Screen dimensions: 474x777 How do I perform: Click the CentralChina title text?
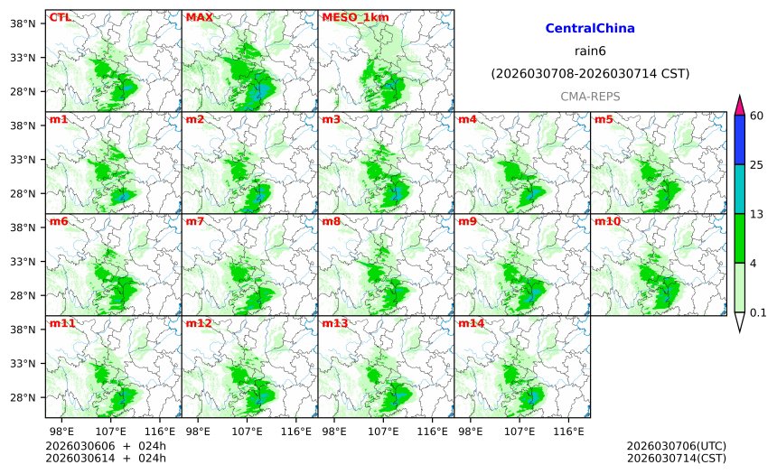tap(590, 29)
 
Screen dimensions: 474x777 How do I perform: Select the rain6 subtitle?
tap(590, 51)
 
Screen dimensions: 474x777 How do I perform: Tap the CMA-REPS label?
tap(590, 96)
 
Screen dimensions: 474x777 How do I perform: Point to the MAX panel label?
tap(199, 17)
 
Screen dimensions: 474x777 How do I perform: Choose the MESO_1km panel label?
tap(350, 17)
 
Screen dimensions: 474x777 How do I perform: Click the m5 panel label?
tap(604, 119)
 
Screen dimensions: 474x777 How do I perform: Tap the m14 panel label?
tap(471, 323)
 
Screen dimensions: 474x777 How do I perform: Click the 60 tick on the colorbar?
tap(757, 115)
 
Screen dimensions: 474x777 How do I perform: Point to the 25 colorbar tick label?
tap(757, 164)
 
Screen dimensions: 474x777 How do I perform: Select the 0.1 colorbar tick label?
tap(759, 312)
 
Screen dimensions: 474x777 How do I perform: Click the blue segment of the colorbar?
tap(739, 139)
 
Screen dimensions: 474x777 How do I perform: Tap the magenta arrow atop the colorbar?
tap(739, 104)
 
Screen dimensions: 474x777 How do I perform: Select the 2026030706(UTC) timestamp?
tap(676, 446)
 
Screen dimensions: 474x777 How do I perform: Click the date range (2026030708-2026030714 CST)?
tap(590, 73)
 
